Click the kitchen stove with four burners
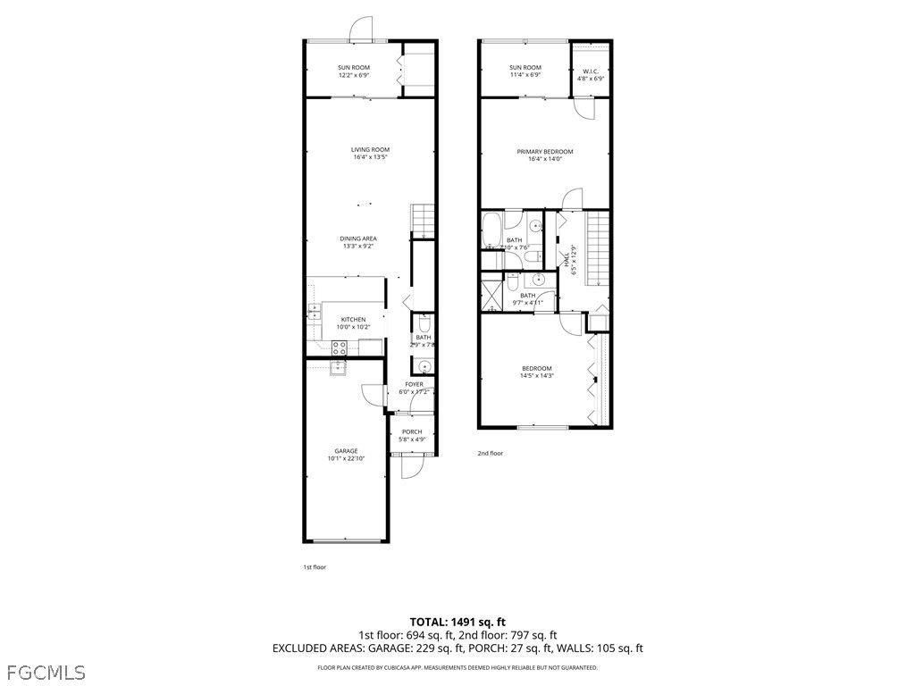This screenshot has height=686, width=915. coord(340,347)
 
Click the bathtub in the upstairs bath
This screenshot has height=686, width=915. coord(491,230)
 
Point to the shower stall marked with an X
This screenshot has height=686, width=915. coord(491,292)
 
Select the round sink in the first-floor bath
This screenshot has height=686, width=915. coord(424,365)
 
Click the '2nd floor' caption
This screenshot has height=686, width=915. coord(490,453)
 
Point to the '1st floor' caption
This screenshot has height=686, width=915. coord(314,566)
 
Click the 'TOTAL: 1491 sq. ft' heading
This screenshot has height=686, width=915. coord(457,621)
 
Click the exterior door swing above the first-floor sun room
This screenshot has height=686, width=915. coord(359,29)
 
